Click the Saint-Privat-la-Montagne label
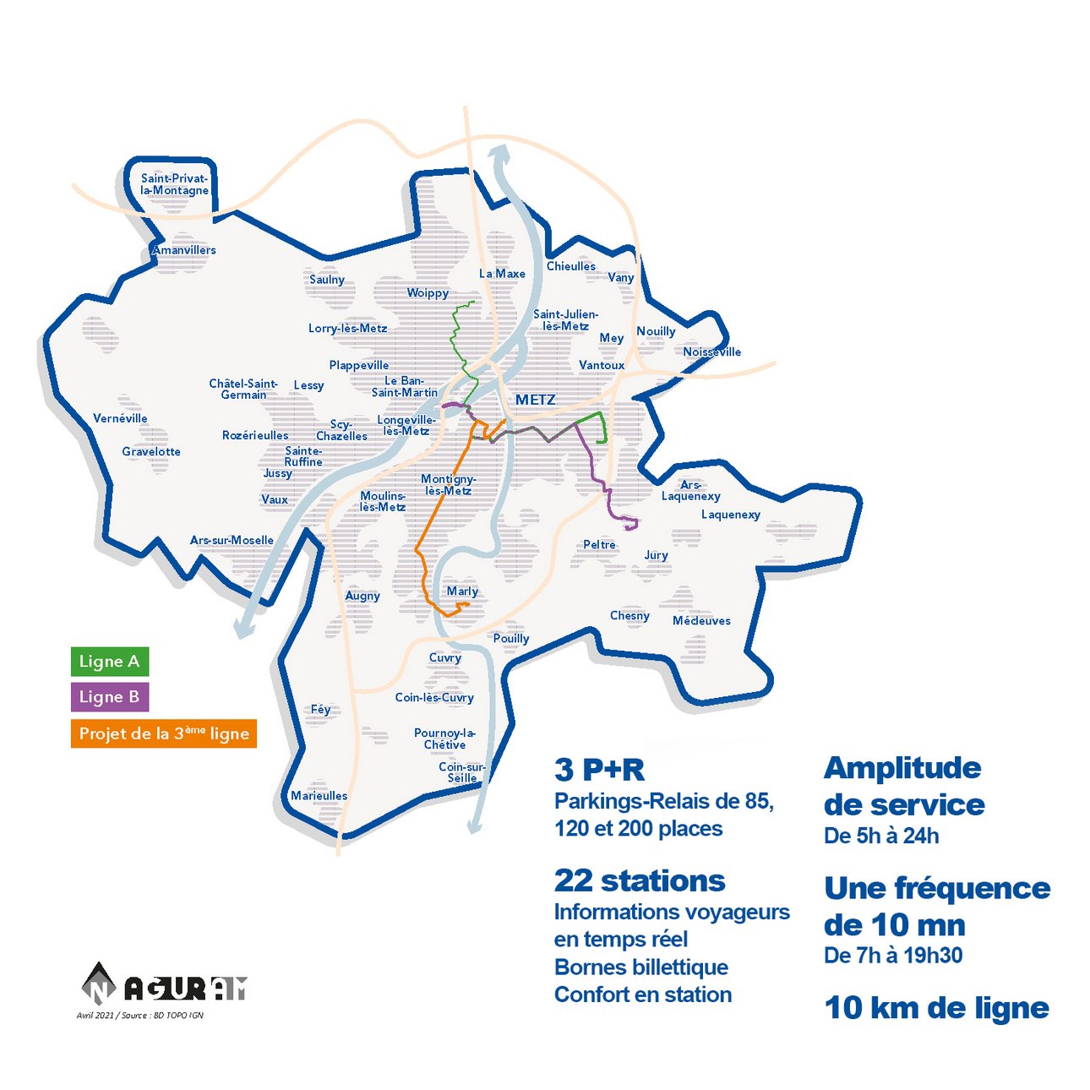pyautogui.click(x=174, y=184)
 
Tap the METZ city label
pyautogui.click(x=536, y=400)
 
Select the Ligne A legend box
pyautogui.click(x=110, y=662)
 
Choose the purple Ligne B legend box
pyautogui.click(x=110, y=697)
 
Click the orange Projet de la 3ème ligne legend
pyautogui.click(x=164, y=733)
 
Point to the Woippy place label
pyautogui.click(x=428, y=293)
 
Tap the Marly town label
pyautogui.click(x=462, y=591)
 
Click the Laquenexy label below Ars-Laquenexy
pyautogui.click(x=730, y=515)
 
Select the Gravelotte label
pyautogui.click(x=151, y=452)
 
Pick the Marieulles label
pyautogui.click(x=319, y=796)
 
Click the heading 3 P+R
pyautogui.click(x=599, y=770)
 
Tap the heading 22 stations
pyautogui.click(x=640, y=880)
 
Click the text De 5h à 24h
pyautogui.click(x=881, y=836)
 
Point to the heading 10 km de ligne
pyautogui.click(x=936, y=1008)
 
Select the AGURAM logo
pyautogui.click(x=164, y=984)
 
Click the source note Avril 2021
pyautogui.click(x=140, y=1015)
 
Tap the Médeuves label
pyautogui.click(x=701, y=621)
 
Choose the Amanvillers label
pyautogui.click(x=184, y=250)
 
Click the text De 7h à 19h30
pyautogui.click(x=893, y=956)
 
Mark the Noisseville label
pyautogui.click(x=711, y=352)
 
